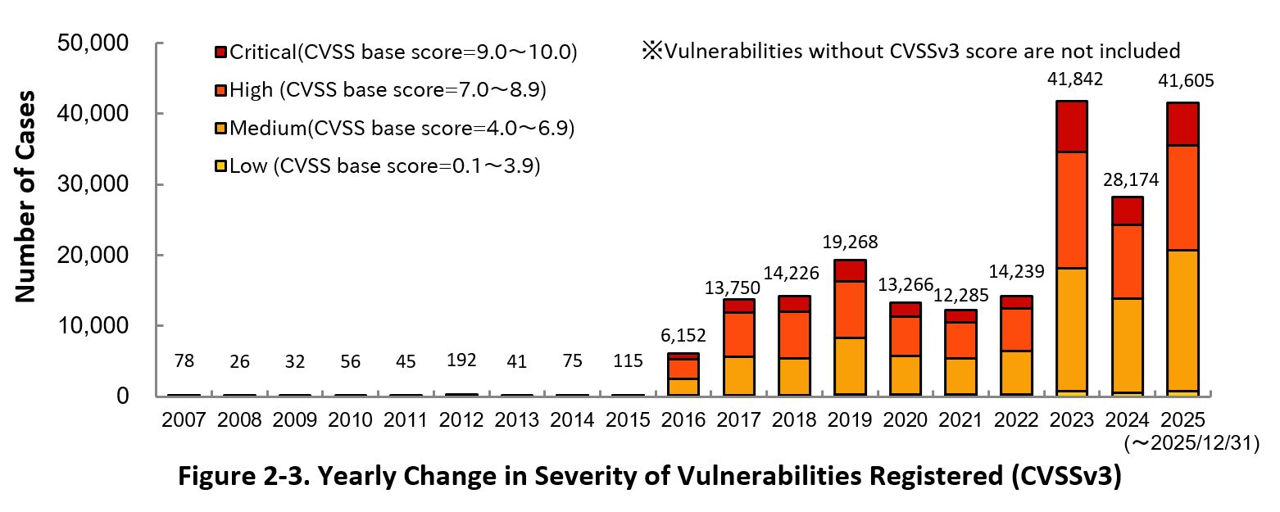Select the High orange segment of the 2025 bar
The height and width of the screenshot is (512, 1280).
(1182, 197)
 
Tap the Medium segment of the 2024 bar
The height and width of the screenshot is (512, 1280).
(1127, 345)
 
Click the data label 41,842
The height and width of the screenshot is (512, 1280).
(1075, 79)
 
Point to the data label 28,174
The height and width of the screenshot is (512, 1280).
(1127, 177)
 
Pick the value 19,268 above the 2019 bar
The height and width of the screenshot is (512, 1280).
(849, 242)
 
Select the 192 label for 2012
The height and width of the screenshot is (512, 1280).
(462, 360)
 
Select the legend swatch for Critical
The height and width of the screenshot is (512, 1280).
(220, 52)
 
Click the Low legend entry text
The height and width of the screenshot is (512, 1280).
(385, 165)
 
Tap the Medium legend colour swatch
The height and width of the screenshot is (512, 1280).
(220, 129)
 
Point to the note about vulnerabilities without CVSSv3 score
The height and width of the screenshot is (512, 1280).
(911, 51)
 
